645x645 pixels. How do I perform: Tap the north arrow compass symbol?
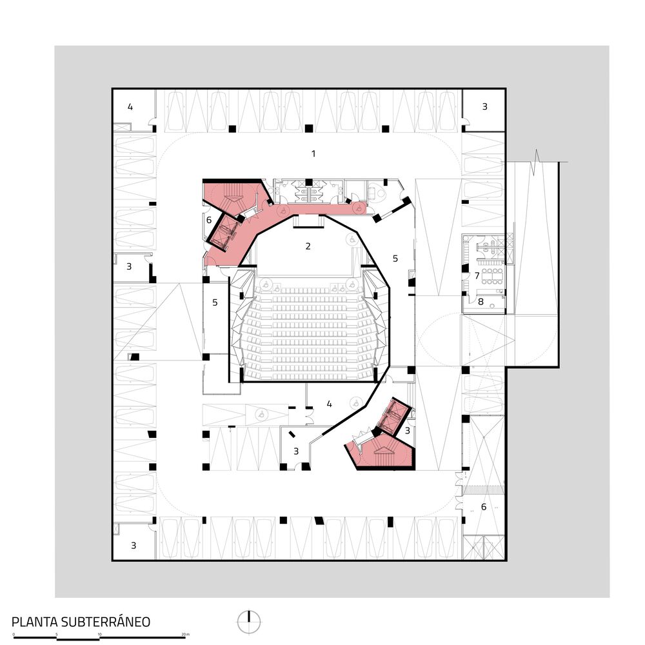coord(248,621)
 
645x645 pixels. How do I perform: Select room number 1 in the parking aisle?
coord(313,154)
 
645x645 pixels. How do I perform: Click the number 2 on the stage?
coord(308,246)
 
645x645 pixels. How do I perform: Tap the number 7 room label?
coord(477,275)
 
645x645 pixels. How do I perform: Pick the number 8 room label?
coord(480,301)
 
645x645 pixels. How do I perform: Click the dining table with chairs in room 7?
coord(495,275)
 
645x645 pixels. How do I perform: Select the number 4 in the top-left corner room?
coord(130,106)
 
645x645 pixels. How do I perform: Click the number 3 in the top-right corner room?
coord(484,106)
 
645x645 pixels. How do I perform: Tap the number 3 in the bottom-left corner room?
coord(134,545)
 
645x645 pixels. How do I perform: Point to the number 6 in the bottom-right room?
coord(484,506)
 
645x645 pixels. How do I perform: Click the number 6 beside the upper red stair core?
coord(208,220)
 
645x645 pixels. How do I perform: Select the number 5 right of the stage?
coord(395,258)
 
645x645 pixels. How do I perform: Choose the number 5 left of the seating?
coord(215,302)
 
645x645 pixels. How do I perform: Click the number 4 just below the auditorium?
coord(329,404)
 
